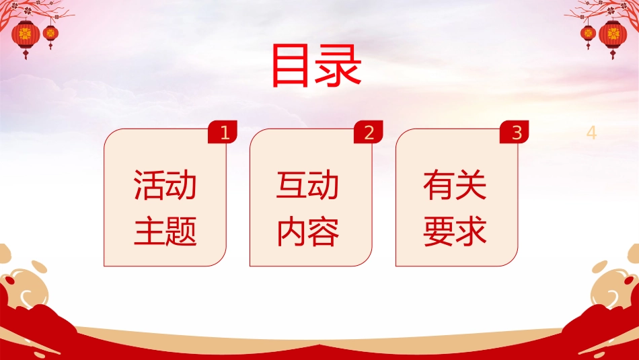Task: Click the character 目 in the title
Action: (x=290, y=66)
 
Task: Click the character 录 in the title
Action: (x=338, y=66)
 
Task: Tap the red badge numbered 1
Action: (x=223, y=132)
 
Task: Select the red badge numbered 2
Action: (x=369, y=132)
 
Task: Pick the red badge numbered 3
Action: (x=515, y=132)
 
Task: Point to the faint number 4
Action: (x=591, y=133)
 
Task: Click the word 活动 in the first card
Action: (x=165, y=185)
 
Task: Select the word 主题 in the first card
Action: (x=165, y=231)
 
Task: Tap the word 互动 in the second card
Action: (x=307, y=185)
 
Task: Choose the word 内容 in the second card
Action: (x=307, y=231)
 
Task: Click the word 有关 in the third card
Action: (x=455, y=185)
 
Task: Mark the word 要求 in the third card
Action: (x=455, y=231)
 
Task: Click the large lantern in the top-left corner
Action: (x=26, y=38)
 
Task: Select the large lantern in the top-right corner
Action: (x=613, y=38)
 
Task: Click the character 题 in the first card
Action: (x=182, y=231)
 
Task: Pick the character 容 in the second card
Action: (x=324, y=231)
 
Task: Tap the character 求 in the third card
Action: (x=471, y=231)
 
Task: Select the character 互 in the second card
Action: (x=291, y=185)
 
